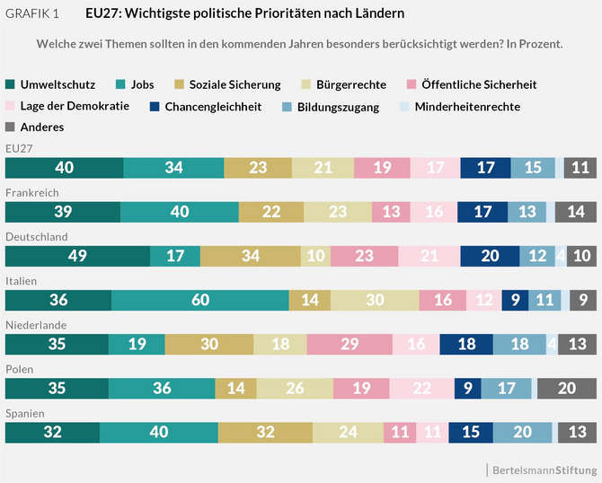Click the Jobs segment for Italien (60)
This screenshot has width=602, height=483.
[x=199, y=300]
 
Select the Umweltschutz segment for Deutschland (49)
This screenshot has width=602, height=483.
[x=77, y=256]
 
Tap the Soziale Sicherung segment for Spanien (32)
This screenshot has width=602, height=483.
[x=265, y=433]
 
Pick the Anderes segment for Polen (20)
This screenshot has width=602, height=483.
[x=566, y=388]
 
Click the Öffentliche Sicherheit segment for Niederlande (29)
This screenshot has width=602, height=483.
[x=349, y=344]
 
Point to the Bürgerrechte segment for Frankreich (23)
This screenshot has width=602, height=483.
[x=337, y=212]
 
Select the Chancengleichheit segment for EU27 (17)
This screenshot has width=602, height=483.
[x=485, y=168]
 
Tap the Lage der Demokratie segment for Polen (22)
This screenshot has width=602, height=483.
[x=421, y=388]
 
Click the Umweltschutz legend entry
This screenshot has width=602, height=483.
[x=53, y=84]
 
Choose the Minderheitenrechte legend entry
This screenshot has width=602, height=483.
[x=470, y=106]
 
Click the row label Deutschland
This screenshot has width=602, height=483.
[x=37, y=236]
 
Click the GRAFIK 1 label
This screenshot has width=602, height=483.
[x=36, y=14]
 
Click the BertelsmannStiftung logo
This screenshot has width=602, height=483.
[x=543, y=470]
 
